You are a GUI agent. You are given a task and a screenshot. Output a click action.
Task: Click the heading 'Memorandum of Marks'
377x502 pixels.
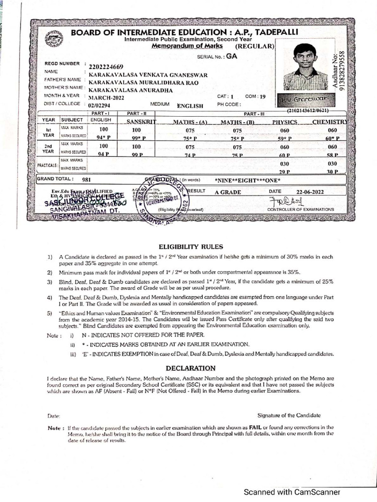[x=187, y=46]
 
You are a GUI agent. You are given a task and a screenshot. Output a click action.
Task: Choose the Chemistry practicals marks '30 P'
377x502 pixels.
[x=332, y=172]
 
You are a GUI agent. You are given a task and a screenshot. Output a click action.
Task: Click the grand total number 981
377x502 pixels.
[x=87, y=180]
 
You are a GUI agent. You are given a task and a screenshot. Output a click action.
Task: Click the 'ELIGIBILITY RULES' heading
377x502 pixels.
[x=190, y=247]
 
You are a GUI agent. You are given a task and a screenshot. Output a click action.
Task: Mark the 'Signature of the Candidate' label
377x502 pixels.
[x=289, y=415]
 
